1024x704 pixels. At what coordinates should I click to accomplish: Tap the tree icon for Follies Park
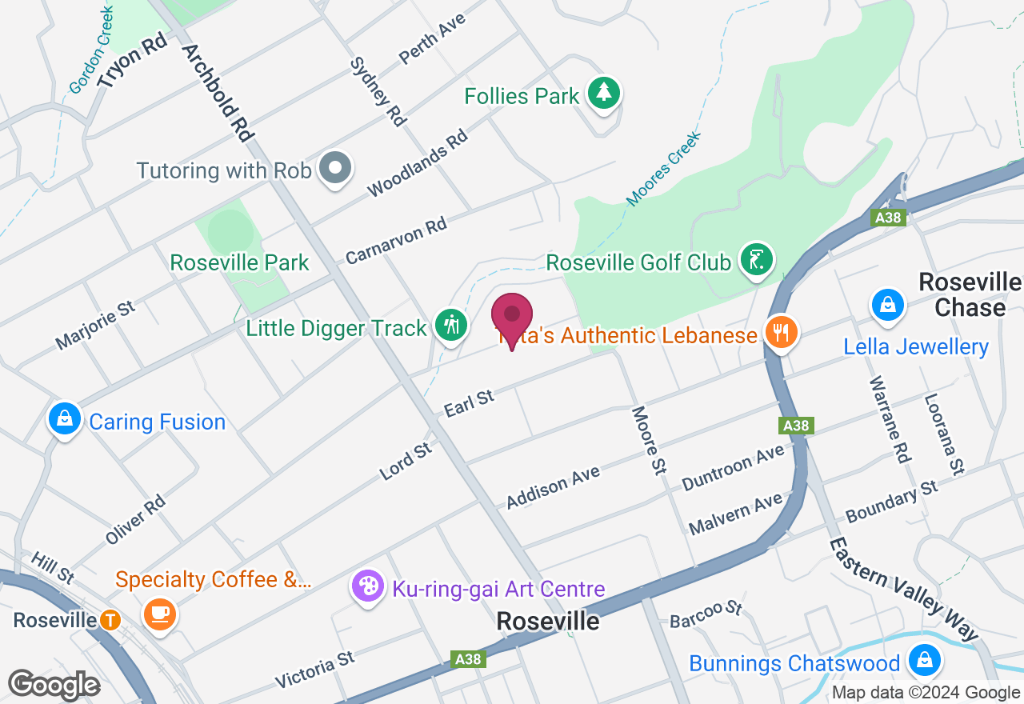click(604, 94)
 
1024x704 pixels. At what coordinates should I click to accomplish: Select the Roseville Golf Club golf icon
click(757, 260)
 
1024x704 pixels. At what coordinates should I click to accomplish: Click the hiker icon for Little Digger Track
click(451, 326)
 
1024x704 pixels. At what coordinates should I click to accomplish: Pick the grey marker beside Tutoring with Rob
click(335, 169)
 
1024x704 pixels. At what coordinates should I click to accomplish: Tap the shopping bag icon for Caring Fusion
click(65, 419)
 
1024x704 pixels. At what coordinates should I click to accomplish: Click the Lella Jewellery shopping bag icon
click(887, 306)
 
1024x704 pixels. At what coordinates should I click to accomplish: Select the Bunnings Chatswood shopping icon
click(924, 661)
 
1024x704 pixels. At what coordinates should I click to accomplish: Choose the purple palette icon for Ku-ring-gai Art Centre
click(368, 587)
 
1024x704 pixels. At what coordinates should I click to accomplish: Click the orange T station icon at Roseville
click(110, 620)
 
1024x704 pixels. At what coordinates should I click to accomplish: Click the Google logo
click(54, 685)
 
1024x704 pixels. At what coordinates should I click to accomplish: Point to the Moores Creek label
click(663, 168)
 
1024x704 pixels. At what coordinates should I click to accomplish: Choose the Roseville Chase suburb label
click(970, 294)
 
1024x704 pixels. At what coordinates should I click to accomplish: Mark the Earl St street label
click(470, 402)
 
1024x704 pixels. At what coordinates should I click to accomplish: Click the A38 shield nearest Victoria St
click(468, 659)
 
